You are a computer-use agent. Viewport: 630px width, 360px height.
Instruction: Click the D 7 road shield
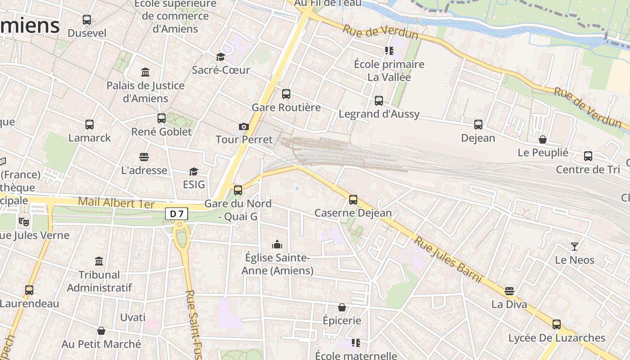[x=176, y=214]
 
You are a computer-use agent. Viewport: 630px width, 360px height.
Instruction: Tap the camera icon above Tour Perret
[x=244, y=127]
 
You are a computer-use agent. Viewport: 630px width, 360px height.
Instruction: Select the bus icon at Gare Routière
[x=286, y=94]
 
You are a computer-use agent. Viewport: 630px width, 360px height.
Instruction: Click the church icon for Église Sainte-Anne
[x=277, y=244]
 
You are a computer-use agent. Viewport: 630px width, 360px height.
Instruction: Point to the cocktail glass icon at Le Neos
[x=575, y=246]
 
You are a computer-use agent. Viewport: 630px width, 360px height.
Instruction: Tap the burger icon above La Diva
[x=509, y=291]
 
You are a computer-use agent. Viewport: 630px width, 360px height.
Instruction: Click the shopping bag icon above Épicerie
[x=342, y=307]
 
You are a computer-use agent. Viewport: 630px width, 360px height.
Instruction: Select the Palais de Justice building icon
[x=145, y=72]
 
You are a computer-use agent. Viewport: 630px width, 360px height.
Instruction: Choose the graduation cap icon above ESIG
[x=193, y=171]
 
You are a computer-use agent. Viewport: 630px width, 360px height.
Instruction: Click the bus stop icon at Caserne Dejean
[x=353, y=199]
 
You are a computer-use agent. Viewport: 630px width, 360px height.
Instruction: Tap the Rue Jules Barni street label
[x=448, y=260]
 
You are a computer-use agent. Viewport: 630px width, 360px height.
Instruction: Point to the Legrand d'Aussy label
[x=379, y=114]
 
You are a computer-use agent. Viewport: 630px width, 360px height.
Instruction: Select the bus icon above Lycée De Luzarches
[x=557, y=324]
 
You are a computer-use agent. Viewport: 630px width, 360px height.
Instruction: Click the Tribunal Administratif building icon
[x=99, y=261]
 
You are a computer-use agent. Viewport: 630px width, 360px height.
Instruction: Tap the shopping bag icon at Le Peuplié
[x=543, y=139]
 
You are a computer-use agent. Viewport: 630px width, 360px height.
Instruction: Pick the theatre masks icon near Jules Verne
[x=24, y=221]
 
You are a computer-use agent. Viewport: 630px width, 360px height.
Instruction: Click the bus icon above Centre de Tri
[x=588, y=156]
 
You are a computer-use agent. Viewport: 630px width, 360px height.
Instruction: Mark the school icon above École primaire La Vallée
[x=389, y=51]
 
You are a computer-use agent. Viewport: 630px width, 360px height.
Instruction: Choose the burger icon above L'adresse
[x=144, y=157]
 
